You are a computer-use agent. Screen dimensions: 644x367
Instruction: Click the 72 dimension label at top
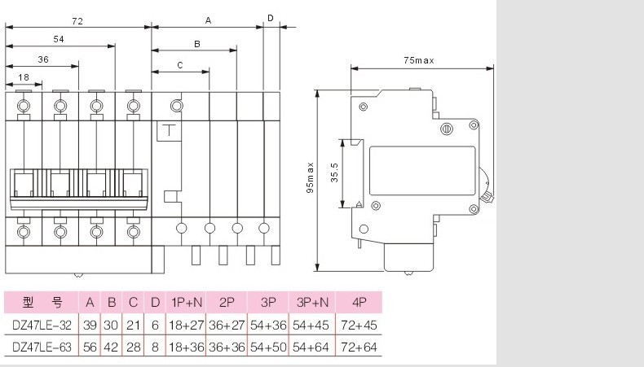point(77,21)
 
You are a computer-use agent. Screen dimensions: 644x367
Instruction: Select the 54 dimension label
point(59,39)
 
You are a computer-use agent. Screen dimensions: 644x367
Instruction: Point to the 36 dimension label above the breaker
point(43,59)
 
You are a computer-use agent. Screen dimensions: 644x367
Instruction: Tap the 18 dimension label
point(24,77)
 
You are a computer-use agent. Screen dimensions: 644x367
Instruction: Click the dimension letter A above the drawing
point(208,20)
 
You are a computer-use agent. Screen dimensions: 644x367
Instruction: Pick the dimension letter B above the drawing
point(197,44)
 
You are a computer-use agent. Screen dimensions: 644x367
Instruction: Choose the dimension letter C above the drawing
point(180,65)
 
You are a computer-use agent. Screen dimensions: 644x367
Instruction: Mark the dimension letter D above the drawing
point(271,18)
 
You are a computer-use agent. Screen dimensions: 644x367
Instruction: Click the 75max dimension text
point(418,60)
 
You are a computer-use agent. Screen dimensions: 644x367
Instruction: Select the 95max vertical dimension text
point(310,177)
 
